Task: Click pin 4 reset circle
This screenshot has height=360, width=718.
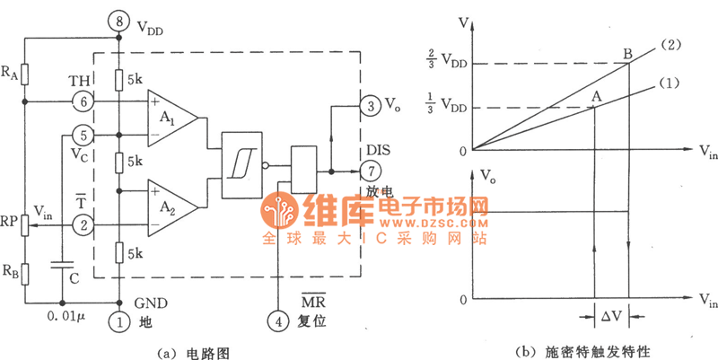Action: click(279, 319)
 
